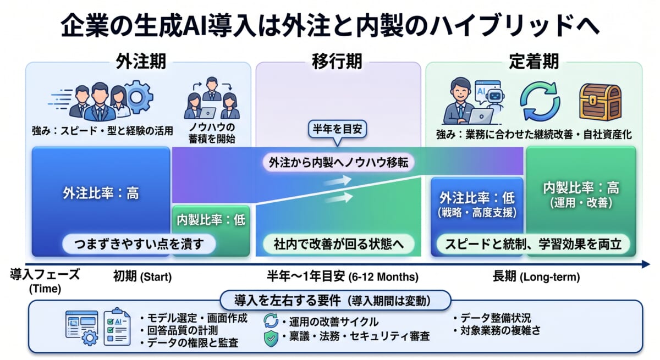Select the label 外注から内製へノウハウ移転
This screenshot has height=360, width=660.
tap(342, 163)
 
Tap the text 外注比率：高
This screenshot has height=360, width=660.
tap(101, 193)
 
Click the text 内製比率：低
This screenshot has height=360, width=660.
tap(211, 220)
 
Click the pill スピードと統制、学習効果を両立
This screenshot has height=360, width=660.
tap(533, 244)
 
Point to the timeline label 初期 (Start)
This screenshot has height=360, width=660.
tap(143, 276)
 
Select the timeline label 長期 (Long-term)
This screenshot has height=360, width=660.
tap(536, 276)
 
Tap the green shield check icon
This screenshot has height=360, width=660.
tap(271, 337)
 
